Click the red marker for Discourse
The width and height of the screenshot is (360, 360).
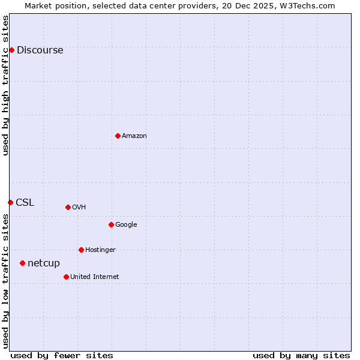(x=11, y=50)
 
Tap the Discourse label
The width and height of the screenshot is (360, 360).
(x=40, y=50)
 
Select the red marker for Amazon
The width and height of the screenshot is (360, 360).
(x=118, y=136)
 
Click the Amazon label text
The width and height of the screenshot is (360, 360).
(x=134, y=136)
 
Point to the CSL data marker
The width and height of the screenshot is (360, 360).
(x=10, y=202)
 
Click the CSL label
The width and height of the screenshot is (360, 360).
(x=25, y=203)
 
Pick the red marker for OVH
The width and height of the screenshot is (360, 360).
(x=68, y=207)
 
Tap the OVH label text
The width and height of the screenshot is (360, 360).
(x=79, y=208)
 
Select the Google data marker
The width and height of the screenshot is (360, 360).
(x=111, y=224)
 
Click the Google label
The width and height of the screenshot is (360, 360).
(x=126, y=225)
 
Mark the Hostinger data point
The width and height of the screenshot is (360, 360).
(x=81, y=250)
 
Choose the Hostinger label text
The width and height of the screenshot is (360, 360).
(x=100, y=250)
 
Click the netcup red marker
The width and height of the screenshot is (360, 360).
(x=22, y=263)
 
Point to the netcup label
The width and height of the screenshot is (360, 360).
(x=44, y=263)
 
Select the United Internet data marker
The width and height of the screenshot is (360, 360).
(x=66, y=277)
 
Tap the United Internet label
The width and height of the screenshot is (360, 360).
(x=94, y=277)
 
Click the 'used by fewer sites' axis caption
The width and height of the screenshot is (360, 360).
(x=62, y=355)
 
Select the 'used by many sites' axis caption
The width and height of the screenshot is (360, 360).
(x=301, y=355)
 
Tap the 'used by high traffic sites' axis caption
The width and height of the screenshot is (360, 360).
(x=6, y=85)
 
